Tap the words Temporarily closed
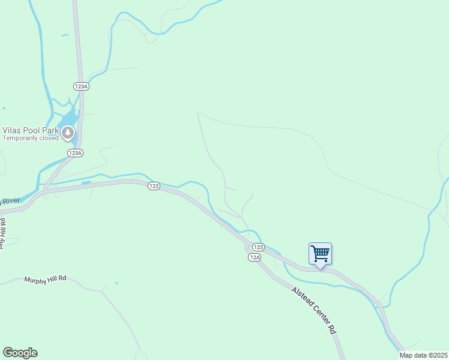pos(31,138)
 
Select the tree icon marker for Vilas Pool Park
pos(68,133)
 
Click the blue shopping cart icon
pos(320,254)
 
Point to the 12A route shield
pos(255,257)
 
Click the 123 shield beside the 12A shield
pos(258,247)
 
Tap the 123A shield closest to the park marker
pos(75,153)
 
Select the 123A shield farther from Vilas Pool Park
pos(82,86)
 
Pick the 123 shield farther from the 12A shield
pos(154,187)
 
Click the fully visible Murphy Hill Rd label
pos(45,280)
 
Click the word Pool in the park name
pos(32,130)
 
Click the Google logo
pos(20,353)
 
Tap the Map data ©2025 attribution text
pos(423,355)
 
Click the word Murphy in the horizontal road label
pos(35,280)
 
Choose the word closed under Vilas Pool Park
pos(49,138)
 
